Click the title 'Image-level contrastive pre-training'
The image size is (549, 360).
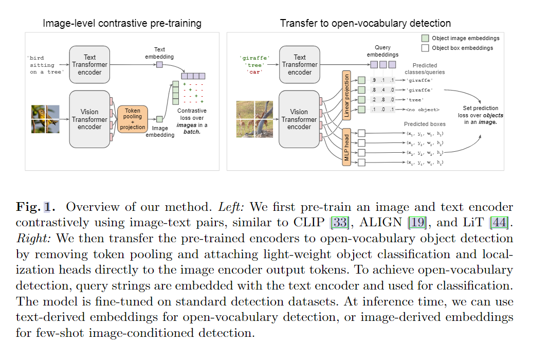click(122, 23)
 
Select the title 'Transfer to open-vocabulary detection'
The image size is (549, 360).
click(365, 23)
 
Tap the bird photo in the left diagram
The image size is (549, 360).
click(45, 119)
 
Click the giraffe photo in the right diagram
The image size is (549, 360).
click(254, 119)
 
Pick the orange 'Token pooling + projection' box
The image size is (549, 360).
click(133, 119)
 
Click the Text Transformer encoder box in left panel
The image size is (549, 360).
click(90, 65)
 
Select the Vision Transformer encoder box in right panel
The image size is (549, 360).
click(299, 119)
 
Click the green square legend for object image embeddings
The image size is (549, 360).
click(425, 38)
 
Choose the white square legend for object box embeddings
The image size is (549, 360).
click(425, 48)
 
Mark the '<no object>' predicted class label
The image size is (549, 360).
click(422, 110)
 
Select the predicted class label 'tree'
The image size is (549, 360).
click(415, 100)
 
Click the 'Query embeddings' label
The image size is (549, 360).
click(382, 51)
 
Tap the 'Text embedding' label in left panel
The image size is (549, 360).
click(159, 53)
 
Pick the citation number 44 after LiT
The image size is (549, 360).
click(498, 223)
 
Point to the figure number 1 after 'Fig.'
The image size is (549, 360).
click(47, 207)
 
